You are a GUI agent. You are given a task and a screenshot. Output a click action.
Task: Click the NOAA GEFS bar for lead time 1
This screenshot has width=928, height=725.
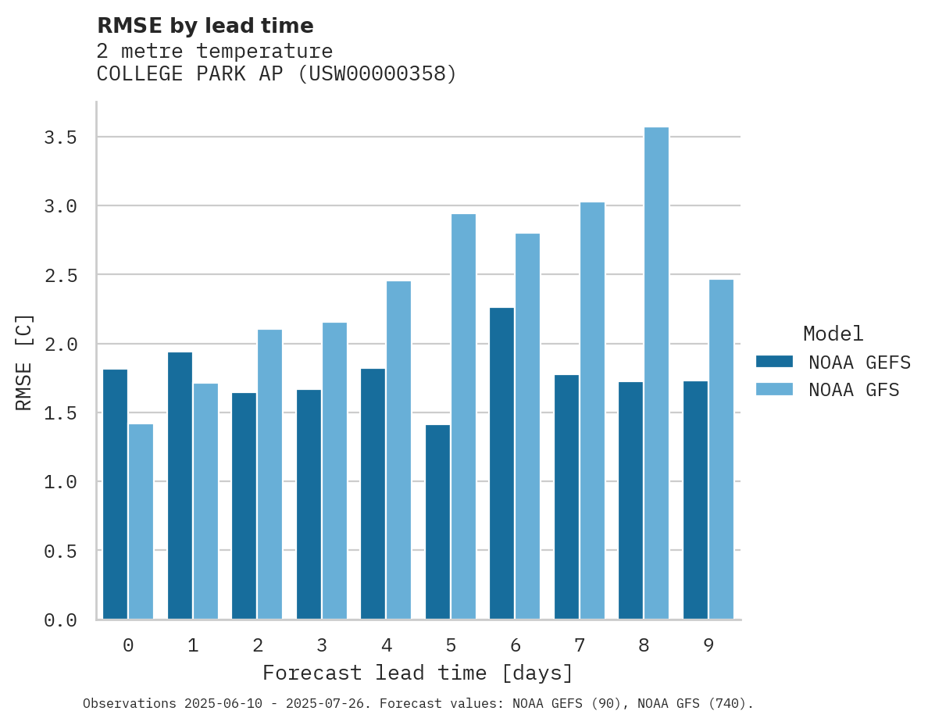180,485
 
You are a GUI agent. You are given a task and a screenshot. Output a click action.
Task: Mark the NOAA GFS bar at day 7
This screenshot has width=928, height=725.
592,411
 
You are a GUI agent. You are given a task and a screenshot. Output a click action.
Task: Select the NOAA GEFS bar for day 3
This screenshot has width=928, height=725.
309,504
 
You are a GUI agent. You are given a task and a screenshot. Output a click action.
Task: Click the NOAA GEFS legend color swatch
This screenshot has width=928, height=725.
774,362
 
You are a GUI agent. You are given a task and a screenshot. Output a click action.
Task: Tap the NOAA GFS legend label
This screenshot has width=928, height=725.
854,390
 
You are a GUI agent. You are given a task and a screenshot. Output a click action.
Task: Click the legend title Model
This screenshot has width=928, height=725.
833,334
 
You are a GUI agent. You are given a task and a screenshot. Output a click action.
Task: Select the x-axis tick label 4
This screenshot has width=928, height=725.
386,645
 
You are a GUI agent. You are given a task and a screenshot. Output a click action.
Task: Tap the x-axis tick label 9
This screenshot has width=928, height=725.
708,645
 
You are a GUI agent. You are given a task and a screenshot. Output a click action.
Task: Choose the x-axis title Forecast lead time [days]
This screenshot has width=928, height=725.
418,673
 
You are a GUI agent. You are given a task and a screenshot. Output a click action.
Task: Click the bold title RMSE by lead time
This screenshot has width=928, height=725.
205,26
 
